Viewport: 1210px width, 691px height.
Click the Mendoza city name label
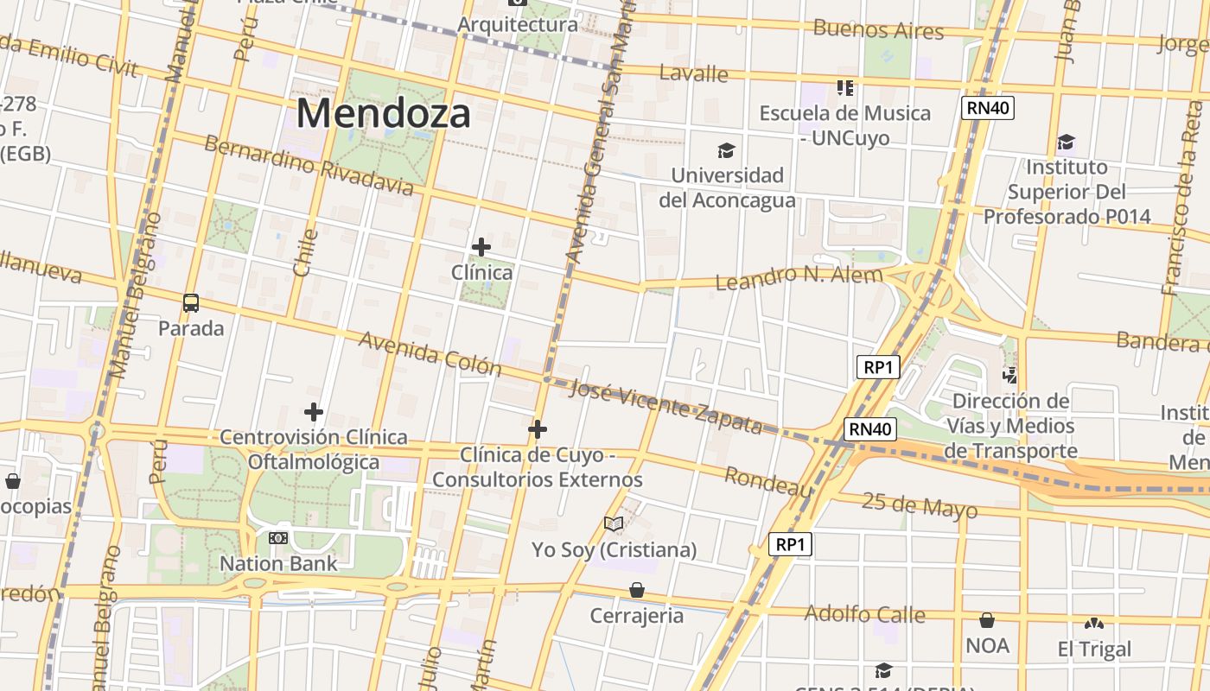tap(384, 113)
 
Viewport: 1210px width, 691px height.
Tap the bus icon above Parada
tap(191, 303)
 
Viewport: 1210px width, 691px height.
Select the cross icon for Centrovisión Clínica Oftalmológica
tap(313, 412)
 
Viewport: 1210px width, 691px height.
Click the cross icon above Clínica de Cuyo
tap(538, 428)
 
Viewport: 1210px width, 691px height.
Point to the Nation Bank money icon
tap(277, 538)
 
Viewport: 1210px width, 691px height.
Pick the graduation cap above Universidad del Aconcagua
tap(726, 151)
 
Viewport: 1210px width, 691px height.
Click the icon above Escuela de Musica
tap(844, 87)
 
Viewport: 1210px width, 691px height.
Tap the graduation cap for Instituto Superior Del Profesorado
tap(1067, 143)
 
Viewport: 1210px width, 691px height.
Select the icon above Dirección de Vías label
tap(1009, 376)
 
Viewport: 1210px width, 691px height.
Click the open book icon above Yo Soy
tap(614, 524)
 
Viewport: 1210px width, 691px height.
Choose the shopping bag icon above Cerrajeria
tap(637, 590)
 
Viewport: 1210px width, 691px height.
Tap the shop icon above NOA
tap(987, 620)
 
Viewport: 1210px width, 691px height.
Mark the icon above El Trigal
tap(1093, 623)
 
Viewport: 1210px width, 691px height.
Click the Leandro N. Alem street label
tap(799, 277)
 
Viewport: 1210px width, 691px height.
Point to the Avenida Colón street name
tap(430, 353)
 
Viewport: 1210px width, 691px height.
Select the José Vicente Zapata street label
tap(666, 407)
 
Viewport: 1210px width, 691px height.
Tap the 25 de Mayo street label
tap(920, 505)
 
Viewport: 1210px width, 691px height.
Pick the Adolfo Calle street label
tap(864, 614)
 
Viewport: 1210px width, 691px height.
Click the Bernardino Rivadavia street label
tap(309, 165)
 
